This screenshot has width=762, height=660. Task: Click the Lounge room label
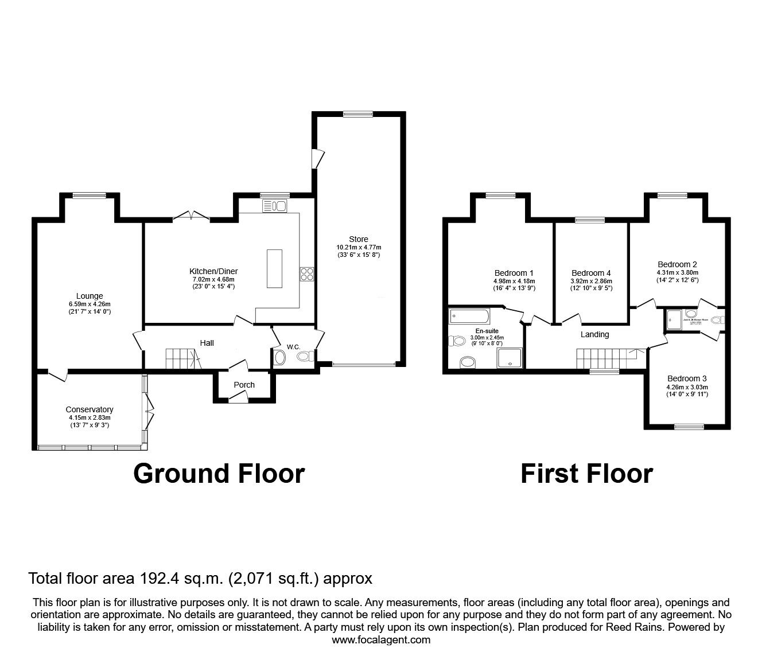[x=89, y=296]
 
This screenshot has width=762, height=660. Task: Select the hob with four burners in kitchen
[x=306, y=274]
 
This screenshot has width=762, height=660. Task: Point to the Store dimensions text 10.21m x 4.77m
[x=359, y=247]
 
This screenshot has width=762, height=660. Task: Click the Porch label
[x=244, y=385]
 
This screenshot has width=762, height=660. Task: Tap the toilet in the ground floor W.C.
[x=306, y=357]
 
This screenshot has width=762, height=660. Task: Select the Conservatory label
[x=89, y=409]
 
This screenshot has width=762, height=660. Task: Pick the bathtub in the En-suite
[x=469, y=315]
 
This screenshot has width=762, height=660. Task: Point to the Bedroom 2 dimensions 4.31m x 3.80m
[x=678, y=272]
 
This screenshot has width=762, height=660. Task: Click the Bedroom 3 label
[x=687, y=378]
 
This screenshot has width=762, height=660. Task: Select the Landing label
[x=594, y=334]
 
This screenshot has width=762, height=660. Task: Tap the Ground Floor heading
[x=219, y=474]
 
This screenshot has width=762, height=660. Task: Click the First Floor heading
[x=586, y=474]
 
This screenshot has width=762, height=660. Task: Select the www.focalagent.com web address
[x=381, y=640]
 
